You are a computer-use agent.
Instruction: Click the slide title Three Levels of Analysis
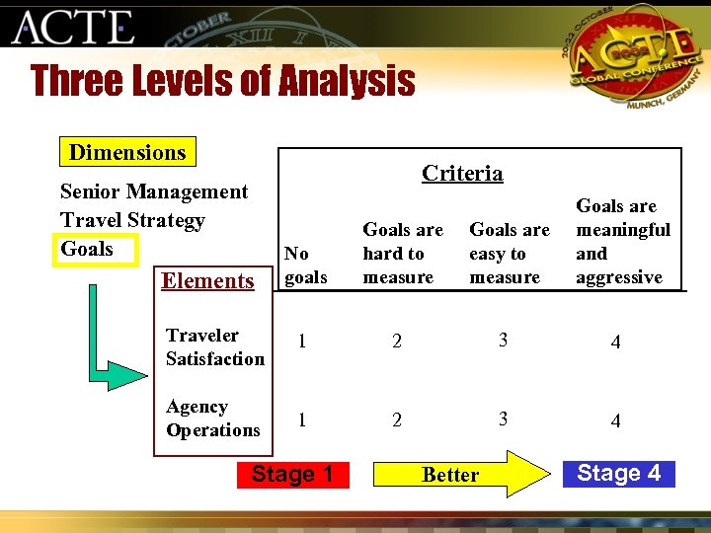click(x=223, y=81)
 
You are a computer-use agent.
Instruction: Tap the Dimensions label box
click(x=126, y=152)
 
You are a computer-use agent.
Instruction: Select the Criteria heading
click(x=462, y=173)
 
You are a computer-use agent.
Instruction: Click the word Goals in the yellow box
click(x=87, y=249)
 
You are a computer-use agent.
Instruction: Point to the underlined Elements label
click(x=207, y=281)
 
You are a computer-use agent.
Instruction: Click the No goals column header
click(x=305, y=266)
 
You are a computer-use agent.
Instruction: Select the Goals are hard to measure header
click(x=402, y=254)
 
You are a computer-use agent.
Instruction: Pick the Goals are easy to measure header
click(x=509, y=254)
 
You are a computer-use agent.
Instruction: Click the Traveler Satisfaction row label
click(x=214, y=347)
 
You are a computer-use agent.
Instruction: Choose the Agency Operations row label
click(x=212, y=419)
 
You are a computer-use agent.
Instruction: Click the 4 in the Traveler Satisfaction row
click(x=615, y=343)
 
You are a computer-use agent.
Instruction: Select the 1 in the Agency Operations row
click(x=302, y=419)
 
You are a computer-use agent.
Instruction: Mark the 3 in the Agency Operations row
click(x=504, y=419)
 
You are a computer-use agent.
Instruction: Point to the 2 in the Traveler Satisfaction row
click(x=397, y=343)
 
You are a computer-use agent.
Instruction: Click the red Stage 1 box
click(x=291, y=474)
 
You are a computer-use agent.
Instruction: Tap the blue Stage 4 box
click(x=618, y=473)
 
